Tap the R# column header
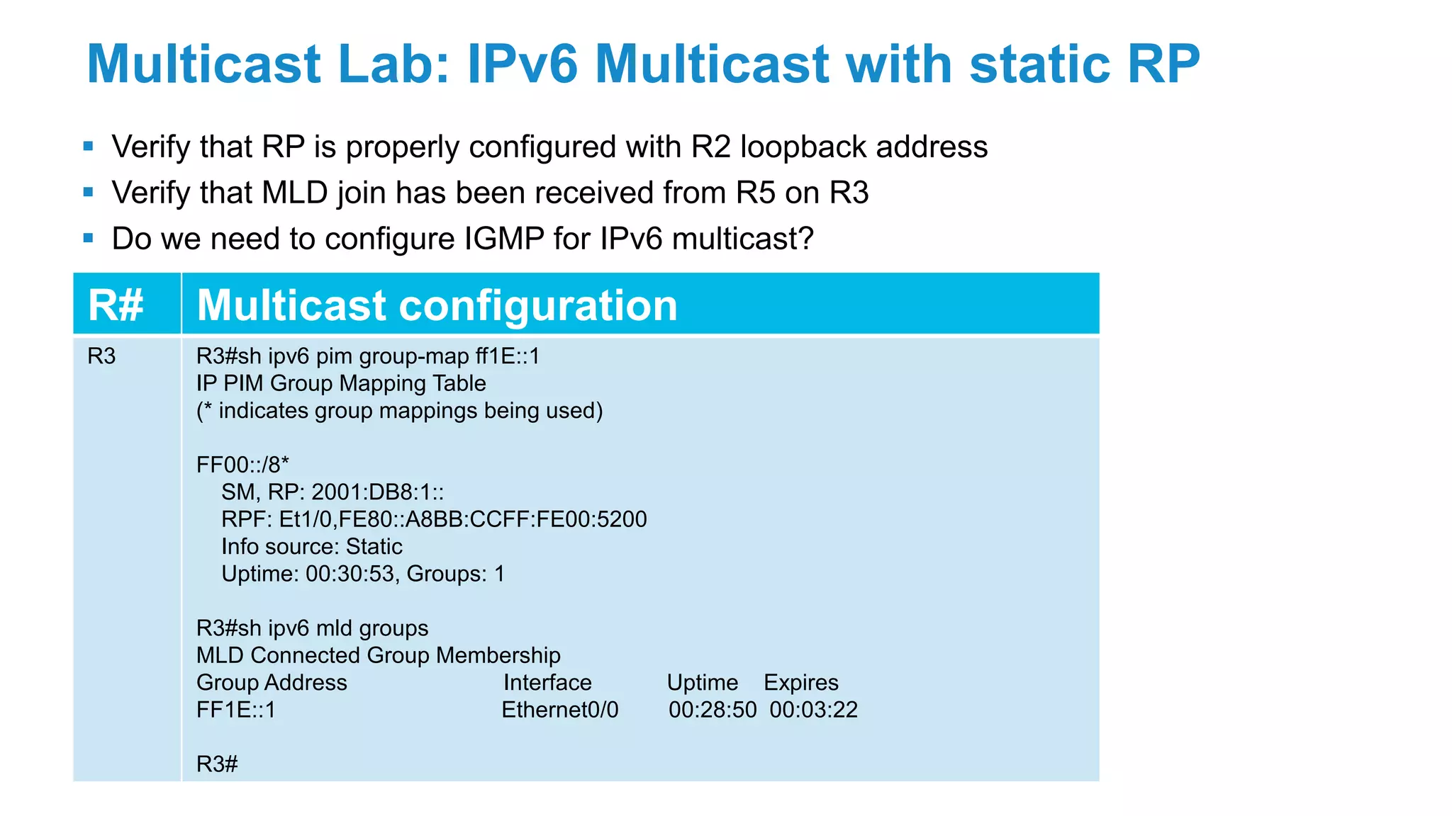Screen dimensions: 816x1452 [x=116, y=305]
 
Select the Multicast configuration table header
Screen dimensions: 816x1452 [x=437, y=305]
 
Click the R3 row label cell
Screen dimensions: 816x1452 [x=101, y=356]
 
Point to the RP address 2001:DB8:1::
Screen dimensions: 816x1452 [x=378, y=492]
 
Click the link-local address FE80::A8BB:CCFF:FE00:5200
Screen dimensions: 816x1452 [x=493, y=519]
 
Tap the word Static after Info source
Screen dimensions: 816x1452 [x=374, y=547]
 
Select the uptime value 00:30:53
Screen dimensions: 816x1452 [x=350, y=574]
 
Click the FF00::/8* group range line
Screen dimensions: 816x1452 [x=242, y=465]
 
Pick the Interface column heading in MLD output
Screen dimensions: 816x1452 [x=547, y=683]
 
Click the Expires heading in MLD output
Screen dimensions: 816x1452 [x=800, y=683]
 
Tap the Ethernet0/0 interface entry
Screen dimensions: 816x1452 [x=560, y=710]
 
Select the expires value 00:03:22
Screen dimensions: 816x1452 [x=813, y=710]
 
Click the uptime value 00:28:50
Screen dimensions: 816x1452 [x=712, y=710]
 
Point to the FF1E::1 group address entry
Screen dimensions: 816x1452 [x=236, y=710]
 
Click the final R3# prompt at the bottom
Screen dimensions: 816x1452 [x=217, y=764]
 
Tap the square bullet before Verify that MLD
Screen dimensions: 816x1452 [x=89, y=192]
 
